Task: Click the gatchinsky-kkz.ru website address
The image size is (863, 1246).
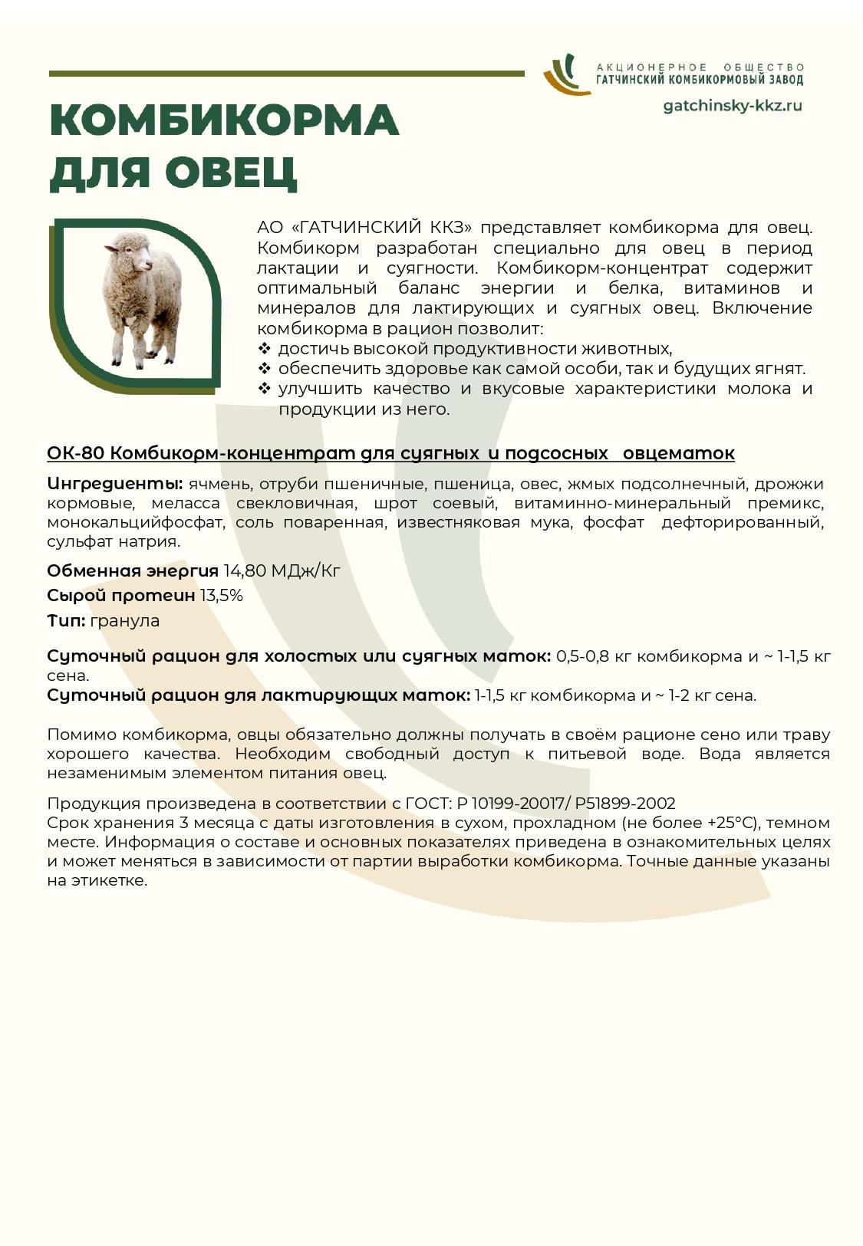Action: pyautogui.click(x=732, y=106)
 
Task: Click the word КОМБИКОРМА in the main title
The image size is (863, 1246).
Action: pyautogui.click(x=224, y=121)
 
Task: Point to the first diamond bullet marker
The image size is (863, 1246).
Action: pyautogui.click(x=265, y=349)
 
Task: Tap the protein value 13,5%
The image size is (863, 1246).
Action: pyautogui.click(x=221, y=596)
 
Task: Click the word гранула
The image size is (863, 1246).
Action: pyautogui.click(x=125, y=620)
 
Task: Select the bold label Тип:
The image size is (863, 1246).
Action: pyautogui.click(x=66, y=620)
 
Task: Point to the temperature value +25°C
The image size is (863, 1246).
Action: pyautogui.click(x=727, y=823)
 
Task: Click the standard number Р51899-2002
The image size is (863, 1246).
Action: pyautogui.click(x=624, y=804)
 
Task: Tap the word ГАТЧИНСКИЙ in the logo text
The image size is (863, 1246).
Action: pyautogui.click(x=631, y=80)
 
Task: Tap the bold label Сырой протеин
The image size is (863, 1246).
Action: pyautogui.click(x=120, y=596)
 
